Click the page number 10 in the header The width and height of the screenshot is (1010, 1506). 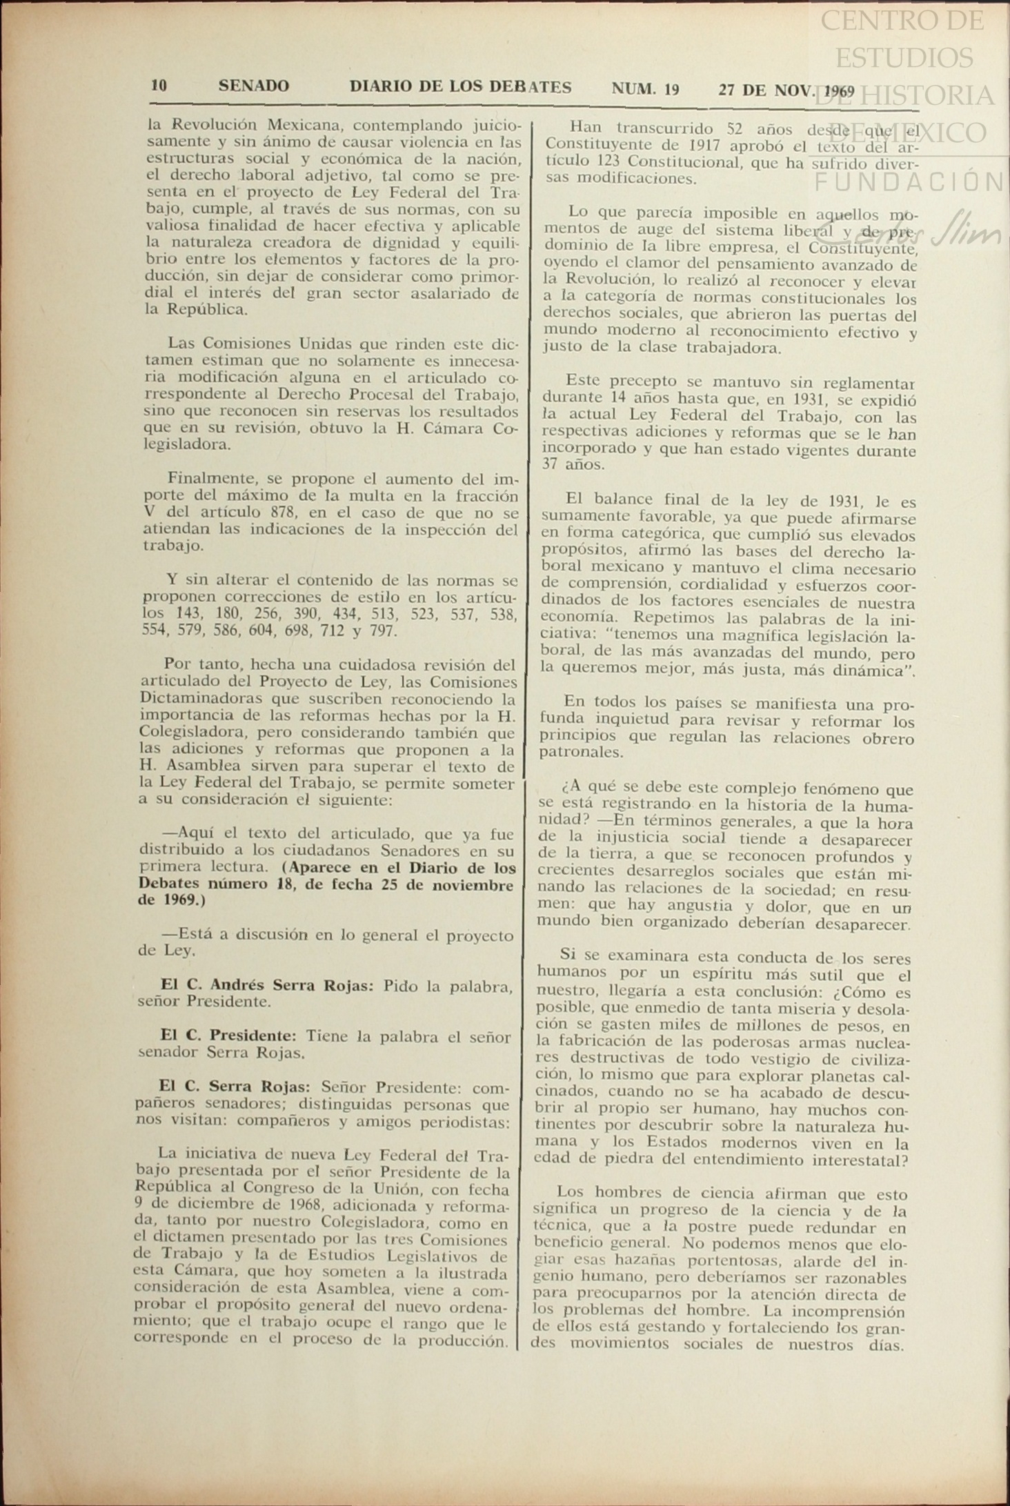click(x=159, y=86)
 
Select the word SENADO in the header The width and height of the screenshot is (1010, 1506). click(x=253, y=86)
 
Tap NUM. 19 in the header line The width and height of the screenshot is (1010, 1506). click(x=645, y=89)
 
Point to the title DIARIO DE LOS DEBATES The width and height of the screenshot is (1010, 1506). click(x=460, y=87)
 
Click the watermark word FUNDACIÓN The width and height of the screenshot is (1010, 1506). click(x=910, y=181)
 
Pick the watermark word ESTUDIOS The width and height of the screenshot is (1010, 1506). click(x=904, y=57)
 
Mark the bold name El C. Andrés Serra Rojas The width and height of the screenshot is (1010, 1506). click(x=266, y=985)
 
